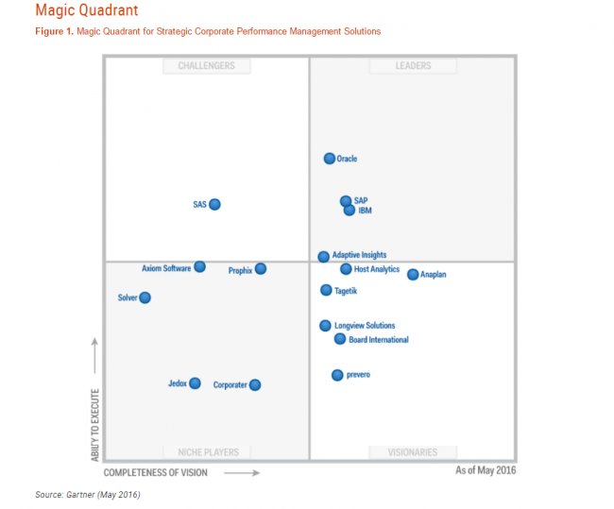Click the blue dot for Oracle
pyautogui.click(x=330, y=159)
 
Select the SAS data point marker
pyautogui.click(x=214, y=204)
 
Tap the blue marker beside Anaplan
pyautogui.click(x=413, y=274)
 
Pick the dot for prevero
pyautogui.click(x=337, y=375)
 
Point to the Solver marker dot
pyautogui.click(x=145, y=297)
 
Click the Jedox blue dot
pyautogui.click(x=195, y=383)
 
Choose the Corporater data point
pyautogui.click(x=255, y=384)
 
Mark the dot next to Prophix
pyautogui.click(x=261, y=269)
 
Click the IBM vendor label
pyautogui.click(x=365, y=211)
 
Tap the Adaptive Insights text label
pyautogui.click(x=359, y=255)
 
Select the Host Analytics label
pyautogui.click(x=377, y=269)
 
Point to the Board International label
pyautogui.click(x=379, y=340)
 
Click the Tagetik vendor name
pyautogui.click(x=347, y=291)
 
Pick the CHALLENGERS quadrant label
pyautogui.click(x=207, y=66)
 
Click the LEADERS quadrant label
pyautogui.click(x=413, y=66)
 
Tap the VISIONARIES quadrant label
pyautogui.click(x=413, y=452)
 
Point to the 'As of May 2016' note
pyautogui.click(x=486, y=470)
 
